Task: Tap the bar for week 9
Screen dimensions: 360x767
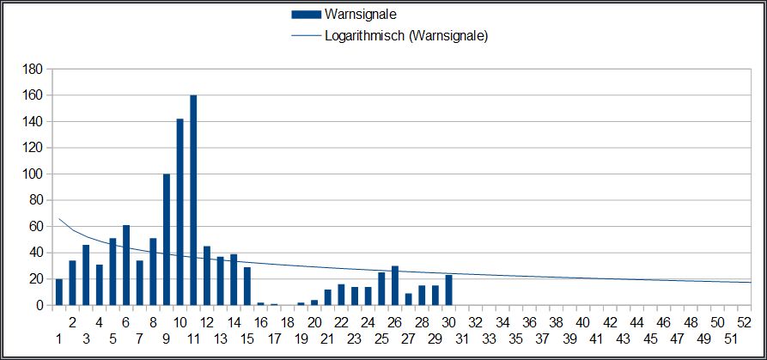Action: click(x=167, y=240)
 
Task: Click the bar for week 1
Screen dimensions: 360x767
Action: click(x=59, y=292)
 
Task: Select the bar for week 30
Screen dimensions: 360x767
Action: click(x=448, y=290)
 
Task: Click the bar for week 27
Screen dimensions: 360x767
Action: click(x=408, y=299)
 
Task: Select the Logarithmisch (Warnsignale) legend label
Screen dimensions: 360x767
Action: click(x=406, y=35)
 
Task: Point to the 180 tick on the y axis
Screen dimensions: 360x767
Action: click(x=33, y=69)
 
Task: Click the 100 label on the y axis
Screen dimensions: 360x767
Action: click(x=33, y=174)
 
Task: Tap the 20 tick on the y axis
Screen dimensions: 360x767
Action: click(x=36, y=279)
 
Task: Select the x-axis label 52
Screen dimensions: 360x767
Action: click(x=744, y=321)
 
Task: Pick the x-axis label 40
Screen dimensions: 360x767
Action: click(x=582, y=321)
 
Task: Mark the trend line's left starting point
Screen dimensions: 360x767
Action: click(x=57, y=219)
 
